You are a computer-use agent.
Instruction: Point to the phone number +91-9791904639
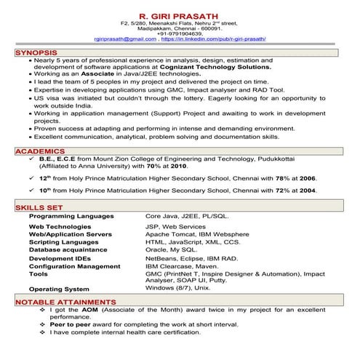point(180,33)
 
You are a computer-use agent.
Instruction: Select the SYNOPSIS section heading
point(36,54)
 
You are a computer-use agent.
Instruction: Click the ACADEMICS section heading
point(39,151)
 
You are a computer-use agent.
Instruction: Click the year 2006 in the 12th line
point(307,177)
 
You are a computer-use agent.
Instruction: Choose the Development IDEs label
point(60,257)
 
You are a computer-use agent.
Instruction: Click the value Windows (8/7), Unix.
point(177,288)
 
